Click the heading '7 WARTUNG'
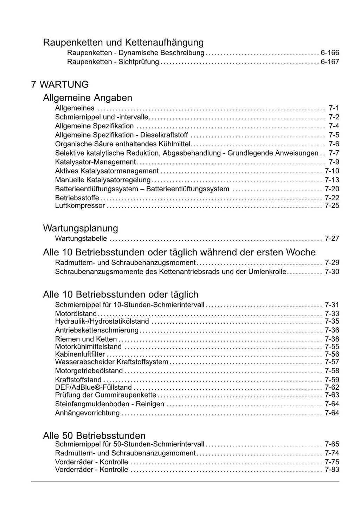click(60, 84)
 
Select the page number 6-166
click(330, 53)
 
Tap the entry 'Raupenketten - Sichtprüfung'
click(113, 62)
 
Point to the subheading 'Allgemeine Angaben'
click(88, 97)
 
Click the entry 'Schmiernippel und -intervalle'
click(102, 117)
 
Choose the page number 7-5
click(334, 135)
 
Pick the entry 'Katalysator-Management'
click(95, 162)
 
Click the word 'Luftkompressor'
click(80, 206)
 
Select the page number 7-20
click(332, 189)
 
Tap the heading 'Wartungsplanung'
click(81, 228)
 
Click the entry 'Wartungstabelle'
click(81, 239)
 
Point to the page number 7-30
click(332, 272)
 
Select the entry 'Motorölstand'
click(76, 313)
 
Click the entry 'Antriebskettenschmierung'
click(97, 330)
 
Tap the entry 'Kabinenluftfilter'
click(80, 354)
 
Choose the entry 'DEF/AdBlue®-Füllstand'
click(93, 387)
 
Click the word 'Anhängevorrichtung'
click(87, 413)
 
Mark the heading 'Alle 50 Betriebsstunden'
click(94, 435)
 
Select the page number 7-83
click(332, 470)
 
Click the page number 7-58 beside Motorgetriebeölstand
click(332, 371)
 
